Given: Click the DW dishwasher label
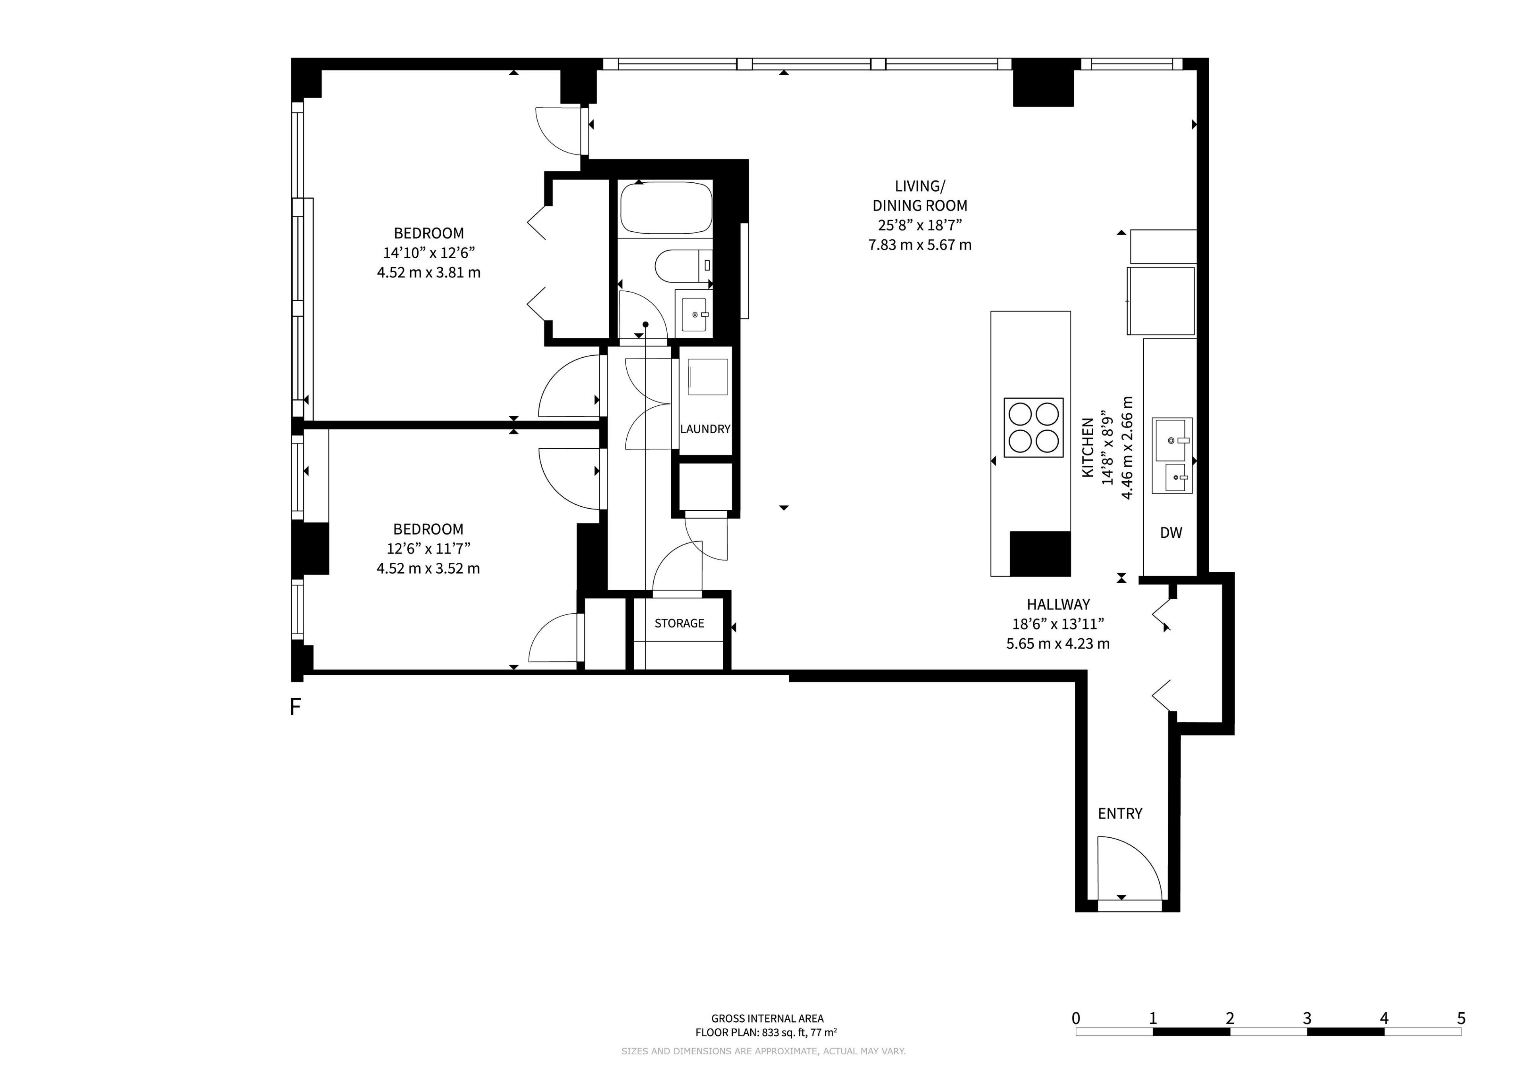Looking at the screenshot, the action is point(1171,533).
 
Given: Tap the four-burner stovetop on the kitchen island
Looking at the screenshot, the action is point(1034,428).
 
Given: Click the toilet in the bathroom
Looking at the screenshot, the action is point(683,266).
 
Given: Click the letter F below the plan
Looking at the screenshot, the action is point(296,707).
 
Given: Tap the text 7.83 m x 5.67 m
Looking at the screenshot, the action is point(920,245).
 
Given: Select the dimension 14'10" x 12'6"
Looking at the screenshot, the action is point(429,253).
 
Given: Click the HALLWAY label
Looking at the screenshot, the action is point(1058,605).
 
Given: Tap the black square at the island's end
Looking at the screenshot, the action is point(1040,554).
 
